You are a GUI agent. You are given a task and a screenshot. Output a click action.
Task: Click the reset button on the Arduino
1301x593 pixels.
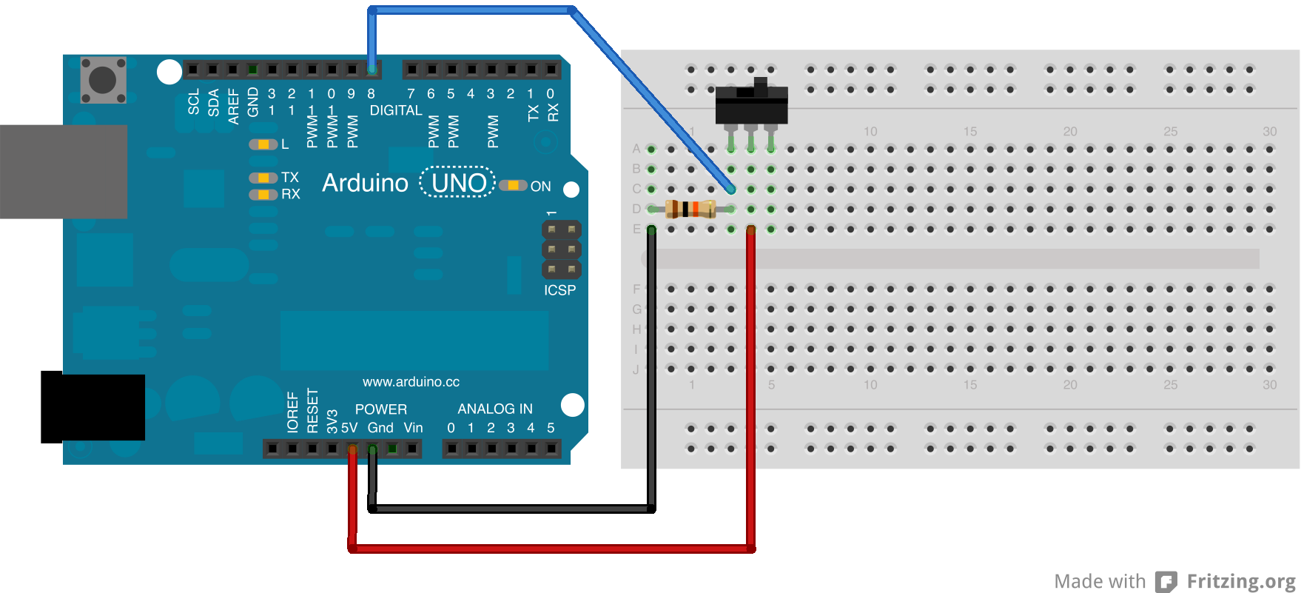coord(103,79)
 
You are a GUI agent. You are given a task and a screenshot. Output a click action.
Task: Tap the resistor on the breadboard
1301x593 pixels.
coord(690,209)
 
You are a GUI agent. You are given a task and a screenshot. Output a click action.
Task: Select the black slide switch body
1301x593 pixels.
coord(751,105)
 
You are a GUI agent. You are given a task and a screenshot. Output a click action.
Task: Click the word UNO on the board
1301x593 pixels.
coord(458,183)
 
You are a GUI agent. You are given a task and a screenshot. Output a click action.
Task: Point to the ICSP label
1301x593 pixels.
coord(559,290)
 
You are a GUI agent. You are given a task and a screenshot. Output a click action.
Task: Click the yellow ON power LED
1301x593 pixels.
coord(513,185)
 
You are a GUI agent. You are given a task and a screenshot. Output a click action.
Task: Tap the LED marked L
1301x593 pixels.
coord(263,144)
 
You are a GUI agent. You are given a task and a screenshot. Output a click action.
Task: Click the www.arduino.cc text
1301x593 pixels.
coord(411,382)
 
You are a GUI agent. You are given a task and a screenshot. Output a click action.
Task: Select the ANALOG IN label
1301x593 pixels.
coord(495,409)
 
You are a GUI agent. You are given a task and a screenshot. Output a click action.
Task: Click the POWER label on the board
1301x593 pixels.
coord(380,409)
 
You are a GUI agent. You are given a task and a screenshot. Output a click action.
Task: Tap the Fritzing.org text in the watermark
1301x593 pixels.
coord(1241,582)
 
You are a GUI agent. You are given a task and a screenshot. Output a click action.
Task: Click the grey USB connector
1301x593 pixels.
coord(64,172)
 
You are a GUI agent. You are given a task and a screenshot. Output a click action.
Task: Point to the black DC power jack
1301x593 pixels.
coord(93,407)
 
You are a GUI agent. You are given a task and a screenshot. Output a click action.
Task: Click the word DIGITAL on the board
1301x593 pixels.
coord(396,110)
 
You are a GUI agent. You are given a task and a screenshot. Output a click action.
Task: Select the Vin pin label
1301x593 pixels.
coord(413,428)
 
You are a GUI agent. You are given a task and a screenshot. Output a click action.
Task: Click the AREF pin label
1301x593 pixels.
coord(233,106)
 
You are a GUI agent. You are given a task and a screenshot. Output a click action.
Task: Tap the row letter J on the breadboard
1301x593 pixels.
coord(636,369)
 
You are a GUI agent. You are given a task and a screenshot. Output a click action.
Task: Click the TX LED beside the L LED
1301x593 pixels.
coord(263,178)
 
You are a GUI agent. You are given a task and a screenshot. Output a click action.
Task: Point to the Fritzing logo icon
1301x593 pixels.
coord(1166,582)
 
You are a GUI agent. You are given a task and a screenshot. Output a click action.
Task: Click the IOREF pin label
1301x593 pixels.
coord(292,412)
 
